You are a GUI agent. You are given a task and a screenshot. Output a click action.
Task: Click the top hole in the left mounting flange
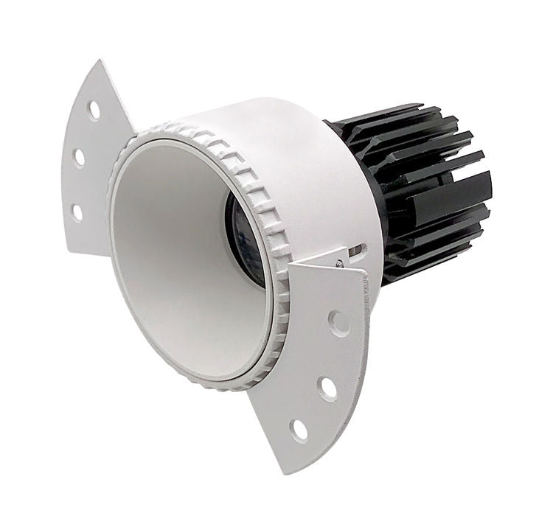tap(94, 110)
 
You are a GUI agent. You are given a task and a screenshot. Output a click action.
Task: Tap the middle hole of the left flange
tap(79, 158)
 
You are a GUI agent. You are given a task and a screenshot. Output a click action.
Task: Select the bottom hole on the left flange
tap(76, 212)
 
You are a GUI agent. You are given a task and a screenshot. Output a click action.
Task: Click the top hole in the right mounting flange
tap(338, 323)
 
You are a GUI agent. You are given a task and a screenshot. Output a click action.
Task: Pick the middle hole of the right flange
tap(327, 387)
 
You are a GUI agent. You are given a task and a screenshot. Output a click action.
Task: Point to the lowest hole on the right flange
tap(299, 429)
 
